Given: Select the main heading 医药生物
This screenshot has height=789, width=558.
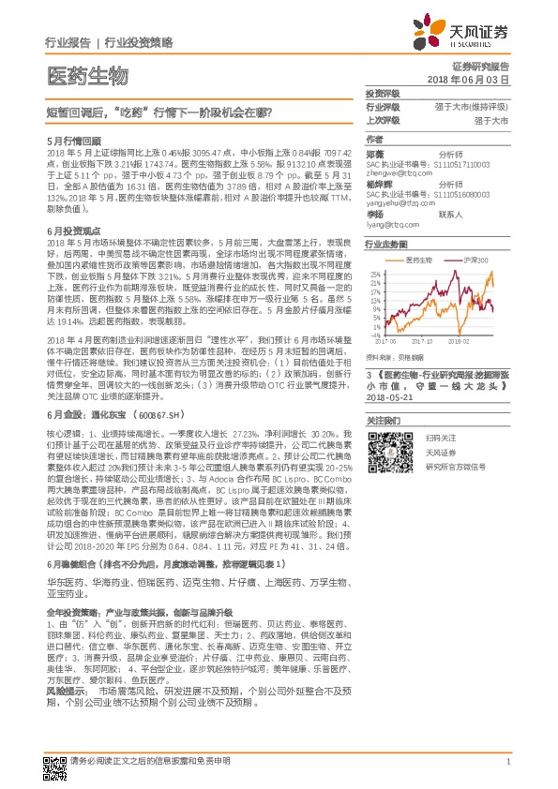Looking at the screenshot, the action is pos(86,74).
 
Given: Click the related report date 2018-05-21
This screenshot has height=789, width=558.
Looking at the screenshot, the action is pos(391,396).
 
